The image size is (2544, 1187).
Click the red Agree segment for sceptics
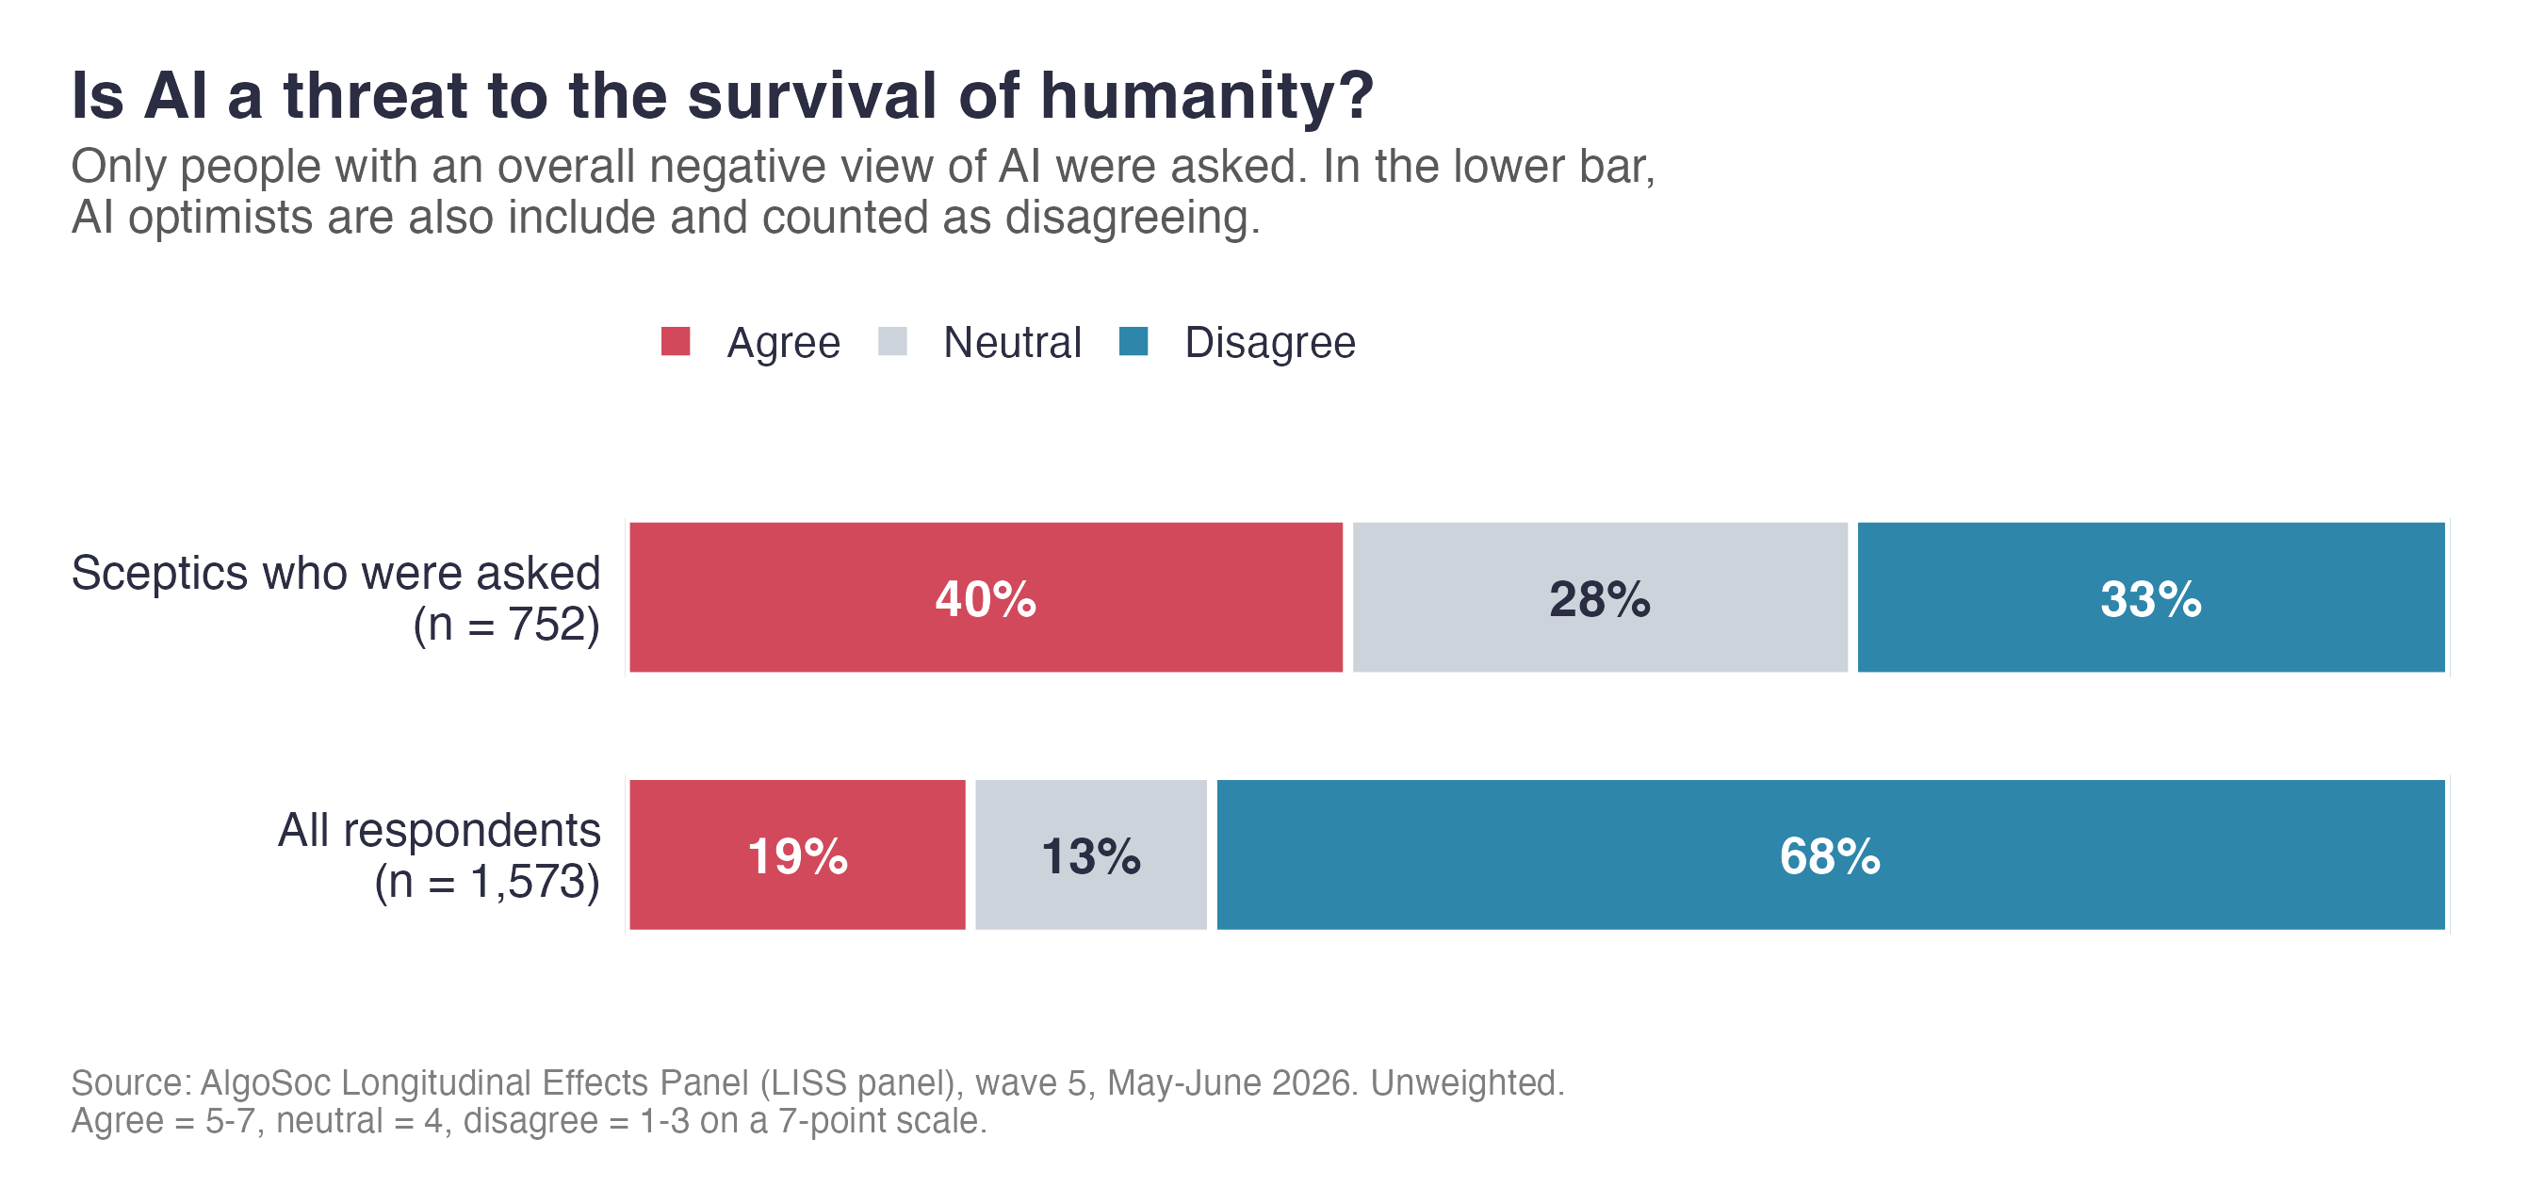(x=986, y=597)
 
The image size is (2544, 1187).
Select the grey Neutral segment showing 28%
(x=1600, y=597)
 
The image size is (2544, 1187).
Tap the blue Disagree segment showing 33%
(x=2151, y=597)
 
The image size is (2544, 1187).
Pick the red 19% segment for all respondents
(x=797, y=855)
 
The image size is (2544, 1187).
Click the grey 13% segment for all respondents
(x=1090, y=855)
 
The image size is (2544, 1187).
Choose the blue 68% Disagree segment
(x=1831, y=855)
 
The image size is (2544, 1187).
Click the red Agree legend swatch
(x=676, y=342)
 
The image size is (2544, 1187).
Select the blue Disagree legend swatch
(x=1133, y=342)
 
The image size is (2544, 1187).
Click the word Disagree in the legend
(x=1270, y=343)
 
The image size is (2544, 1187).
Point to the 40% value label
(x=986, y=598)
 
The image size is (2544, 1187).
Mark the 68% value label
(x=1830, y=856)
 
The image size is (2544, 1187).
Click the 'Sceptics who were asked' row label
(x=335, y=573)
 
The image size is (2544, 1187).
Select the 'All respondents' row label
(x=439, y=830)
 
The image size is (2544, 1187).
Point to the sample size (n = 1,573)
(x=488, y=882)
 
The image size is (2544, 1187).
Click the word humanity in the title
(x=1207, y=97)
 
